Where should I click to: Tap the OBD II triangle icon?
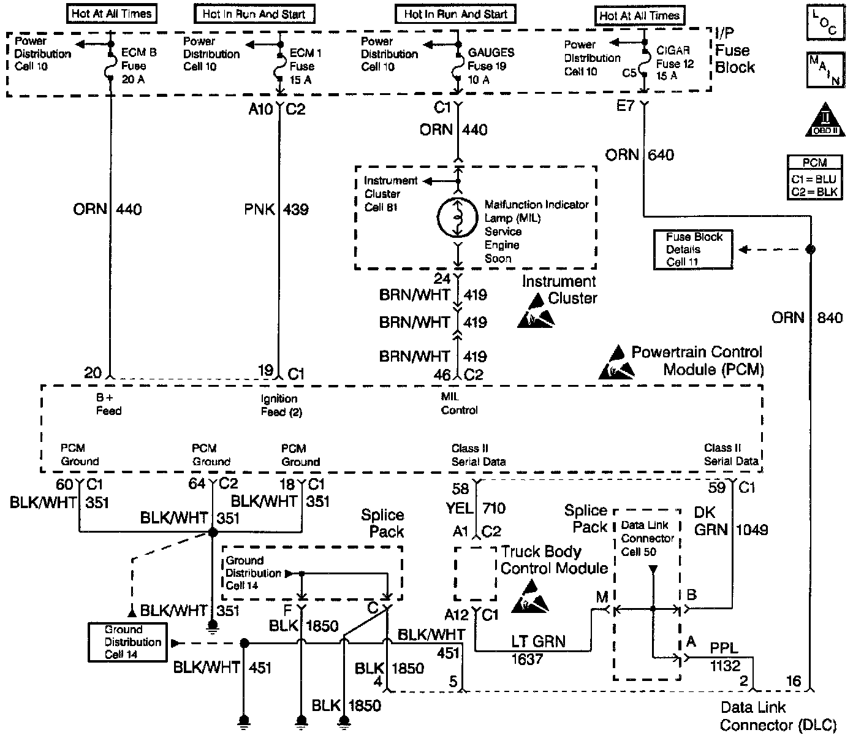[x=825, y=120]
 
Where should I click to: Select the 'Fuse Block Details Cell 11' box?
[x=693, y=249]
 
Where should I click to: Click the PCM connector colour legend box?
[x=814, y=178]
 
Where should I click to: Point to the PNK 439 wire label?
[x=276, y=209]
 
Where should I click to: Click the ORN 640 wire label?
[x=640, y=155]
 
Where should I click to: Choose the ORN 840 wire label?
[x=807, y=318]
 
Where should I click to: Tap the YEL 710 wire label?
[x=476, y=508]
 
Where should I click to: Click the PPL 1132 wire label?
[x=725, y=656]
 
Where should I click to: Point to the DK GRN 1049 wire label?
[x=731, y=521]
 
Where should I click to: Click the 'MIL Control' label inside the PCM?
[x=459, y=403]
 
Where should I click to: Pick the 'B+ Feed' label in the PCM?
[x=108, y=404]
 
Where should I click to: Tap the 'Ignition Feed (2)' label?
[x=281, y=405]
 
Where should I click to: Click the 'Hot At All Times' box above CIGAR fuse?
[x=639, y=16]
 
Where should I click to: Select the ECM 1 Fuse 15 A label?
[x=305, y=66]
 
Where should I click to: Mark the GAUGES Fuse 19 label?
[x=491, y=66]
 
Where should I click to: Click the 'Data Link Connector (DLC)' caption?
[x=778, y=716]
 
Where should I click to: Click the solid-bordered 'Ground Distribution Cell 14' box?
[x=127, y=642]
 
